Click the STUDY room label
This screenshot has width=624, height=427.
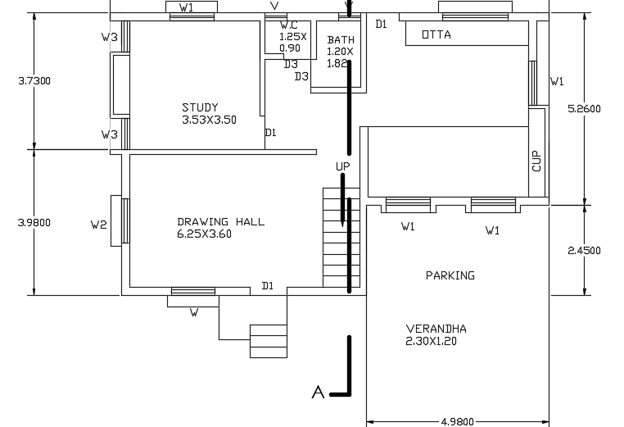pyautogui.click(x=200, y=107)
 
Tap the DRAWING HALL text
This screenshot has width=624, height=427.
pyautogui.click(x=220, y=221)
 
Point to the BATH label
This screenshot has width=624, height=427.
pyautogui.click(x=340, y=39)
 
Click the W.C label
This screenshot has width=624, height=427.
pyautogui.click(x=288, y=25)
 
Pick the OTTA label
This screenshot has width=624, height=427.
pyautogui.click(x=436, y=34)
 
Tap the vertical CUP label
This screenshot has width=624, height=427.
pyautogui.click(x=536, y=160)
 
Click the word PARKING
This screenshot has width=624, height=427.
pyautogui.click(x=450, y=275)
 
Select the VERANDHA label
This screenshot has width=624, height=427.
pyautogui.click(x=436, y=329)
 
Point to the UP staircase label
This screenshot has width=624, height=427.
pyautogui.click(x=342, y=166)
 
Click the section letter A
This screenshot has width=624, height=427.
pyautogui.click(x=318, y=393)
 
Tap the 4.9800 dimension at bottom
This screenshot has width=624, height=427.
pyautogui.click(x=457, y=421)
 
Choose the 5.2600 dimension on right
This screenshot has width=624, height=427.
pyautogui.click(x=584, y=108)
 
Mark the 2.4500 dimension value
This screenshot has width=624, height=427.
pyautogui.click(x=584, y=251)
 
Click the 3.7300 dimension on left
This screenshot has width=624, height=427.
pyautogui.click(x=34, y=80)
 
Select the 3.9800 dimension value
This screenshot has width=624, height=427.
pyautogui.click(x=34, y=222)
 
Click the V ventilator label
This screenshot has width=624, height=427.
pyautogui.click(x=274, y=7)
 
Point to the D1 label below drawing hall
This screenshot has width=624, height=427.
pyautogui.click(x=267, y=286)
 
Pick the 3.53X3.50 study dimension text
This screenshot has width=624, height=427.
pyautogui.click(x=209, y=120)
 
